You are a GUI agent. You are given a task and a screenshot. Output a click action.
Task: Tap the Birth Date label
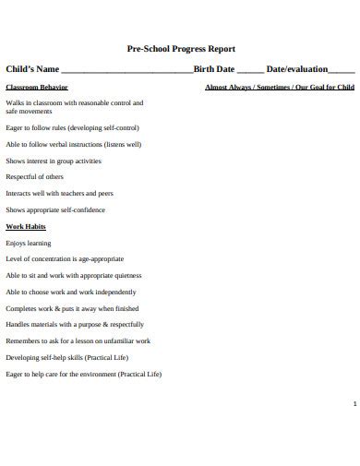(x=214, y=69)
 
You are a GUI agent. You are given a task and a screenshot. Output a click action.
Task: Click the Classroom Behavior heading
(x=37, y=87)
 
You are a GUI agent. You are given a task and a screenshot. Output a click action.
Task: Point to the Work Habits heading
(x=26, y=226)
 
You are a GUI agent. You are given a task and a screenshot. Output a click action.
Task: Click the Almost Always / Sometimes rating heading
(x=279, y=87)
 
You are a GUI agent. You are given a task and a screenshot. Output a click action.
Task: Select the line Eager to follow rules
(x=72, y=128)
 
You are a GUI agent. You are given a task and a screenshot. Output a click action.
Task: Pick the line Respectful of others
(x=35, y=176)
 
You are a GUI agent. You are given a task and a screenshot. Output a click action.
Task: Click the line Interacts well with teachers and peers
(x=60, y=193)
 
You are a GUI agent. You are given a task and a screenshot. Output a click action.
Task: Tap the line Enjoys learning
(x=29, y=243)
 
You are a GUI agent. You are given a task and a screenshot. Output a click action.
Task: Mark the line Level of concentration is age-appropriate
(x=65, y=259)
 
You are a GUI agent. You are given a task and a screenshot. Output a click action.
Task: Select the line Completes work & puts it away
(x=72, y=308)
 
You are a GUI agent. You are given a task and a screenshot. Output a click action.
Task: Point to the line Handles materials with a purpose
(x=75, y=324)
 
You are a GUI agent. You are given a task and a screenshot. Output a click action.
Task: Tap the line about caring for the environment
(x=83, y=374)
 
